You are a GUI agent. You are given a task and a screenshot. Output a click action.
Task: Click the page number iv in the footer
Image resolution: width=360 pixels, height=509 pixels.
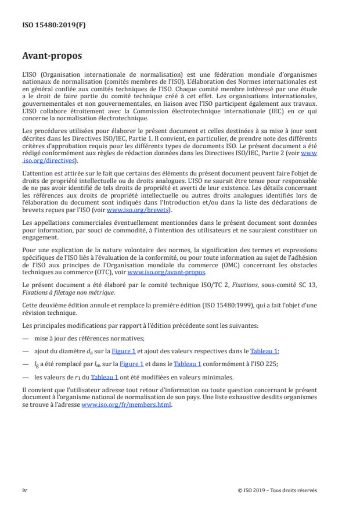[x=24, y=490]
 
